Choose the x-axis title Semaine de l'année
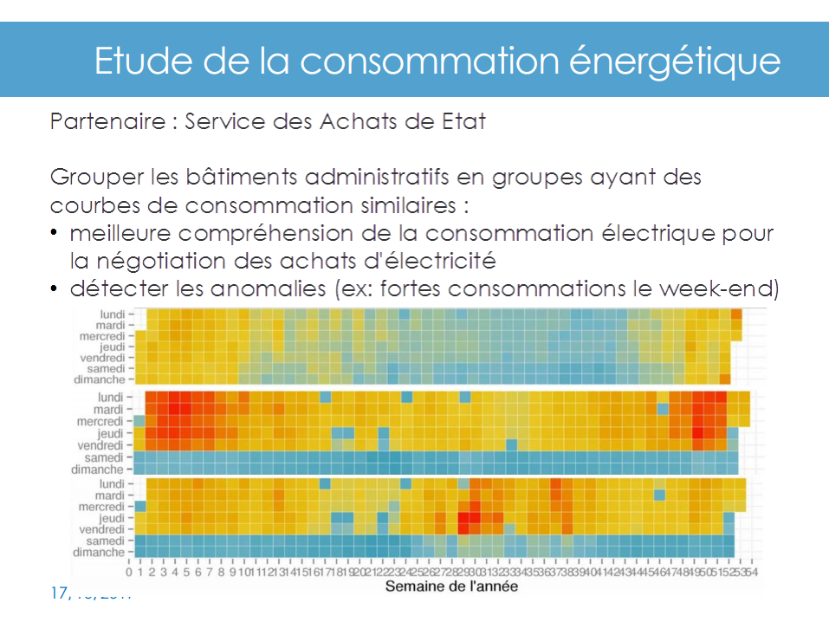point(451,586)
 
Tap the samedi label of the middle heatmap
point(105,457)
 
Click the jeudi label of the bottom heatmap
point(110,517)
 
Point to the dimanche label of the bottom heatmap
point(100,552)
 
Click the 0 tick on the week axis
point(129,572)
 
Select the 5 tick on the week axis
point(186,572)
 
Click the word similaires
point(404,206)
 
